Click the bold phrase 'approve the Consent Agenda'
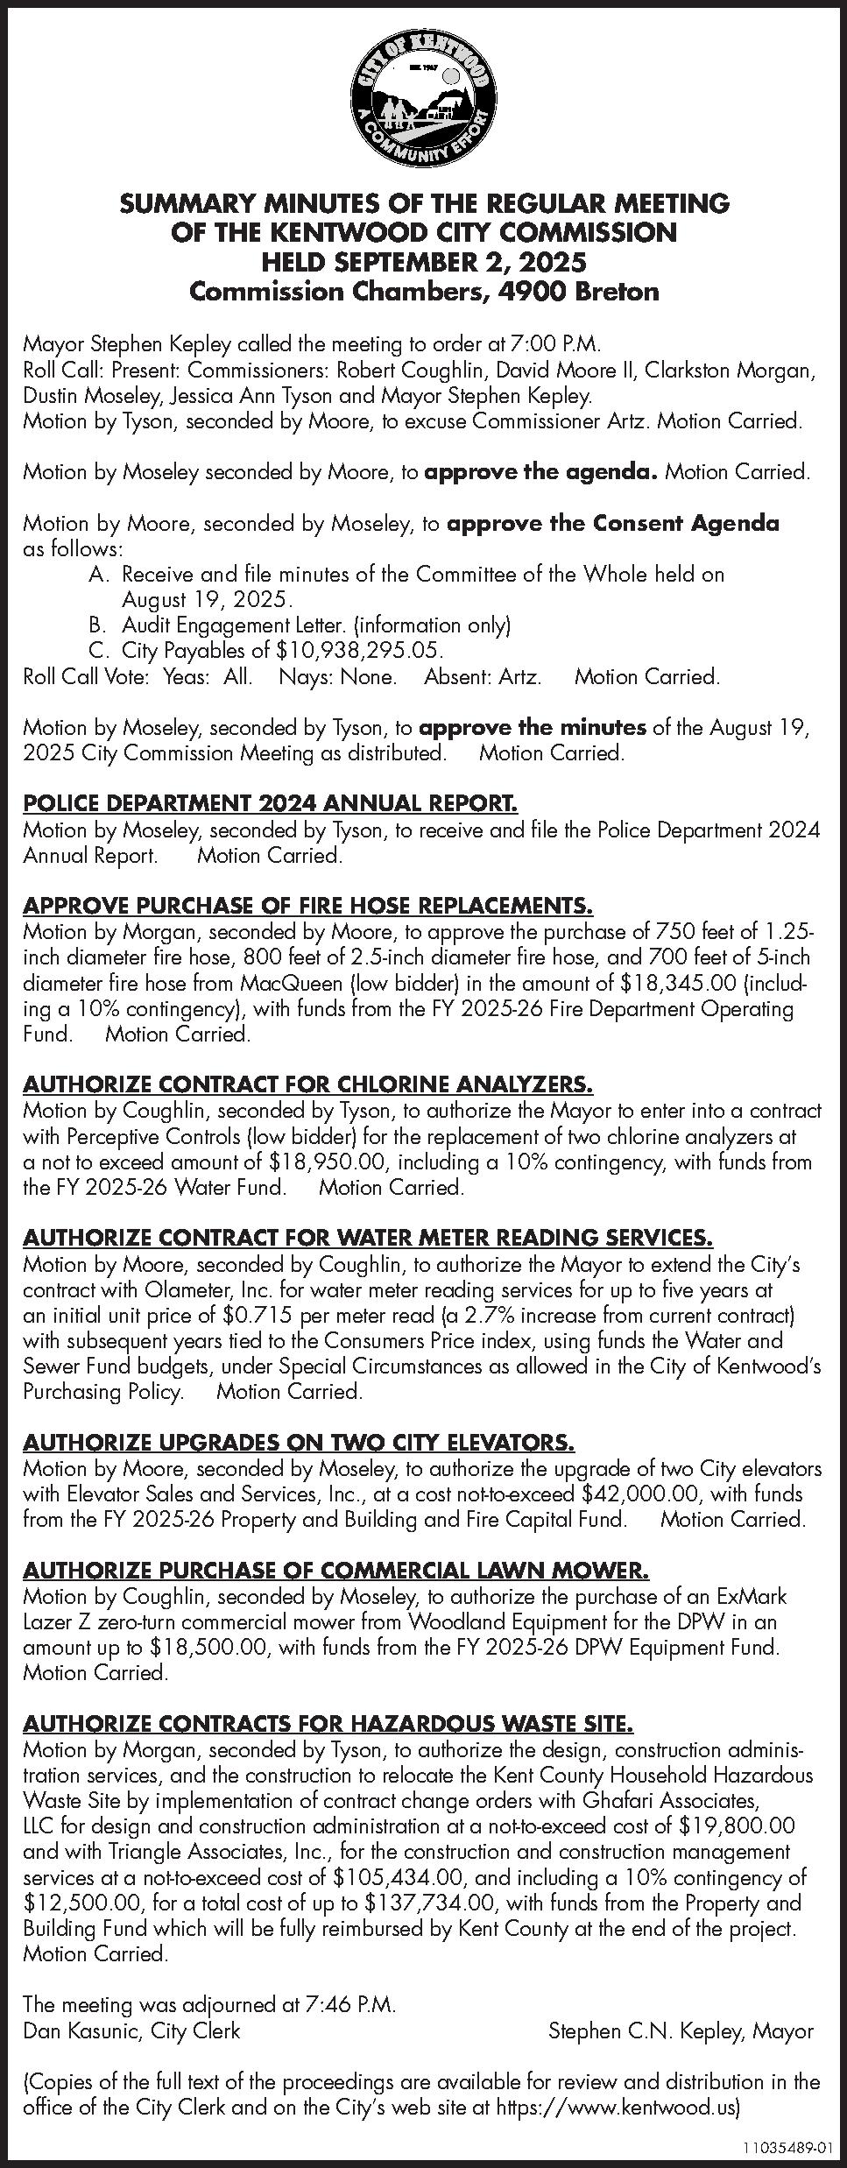pyautogui.click(x=612, y=524)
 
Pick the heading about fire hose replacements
pyautogui.click(x=308, y=905)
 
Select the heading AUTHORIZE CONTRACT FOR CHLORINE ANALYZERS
pyautogui.click(x=308, y=1084)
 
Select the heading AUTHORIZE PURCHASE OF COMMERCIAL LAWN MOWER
pyautogui.click(x=336, y=1570)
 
